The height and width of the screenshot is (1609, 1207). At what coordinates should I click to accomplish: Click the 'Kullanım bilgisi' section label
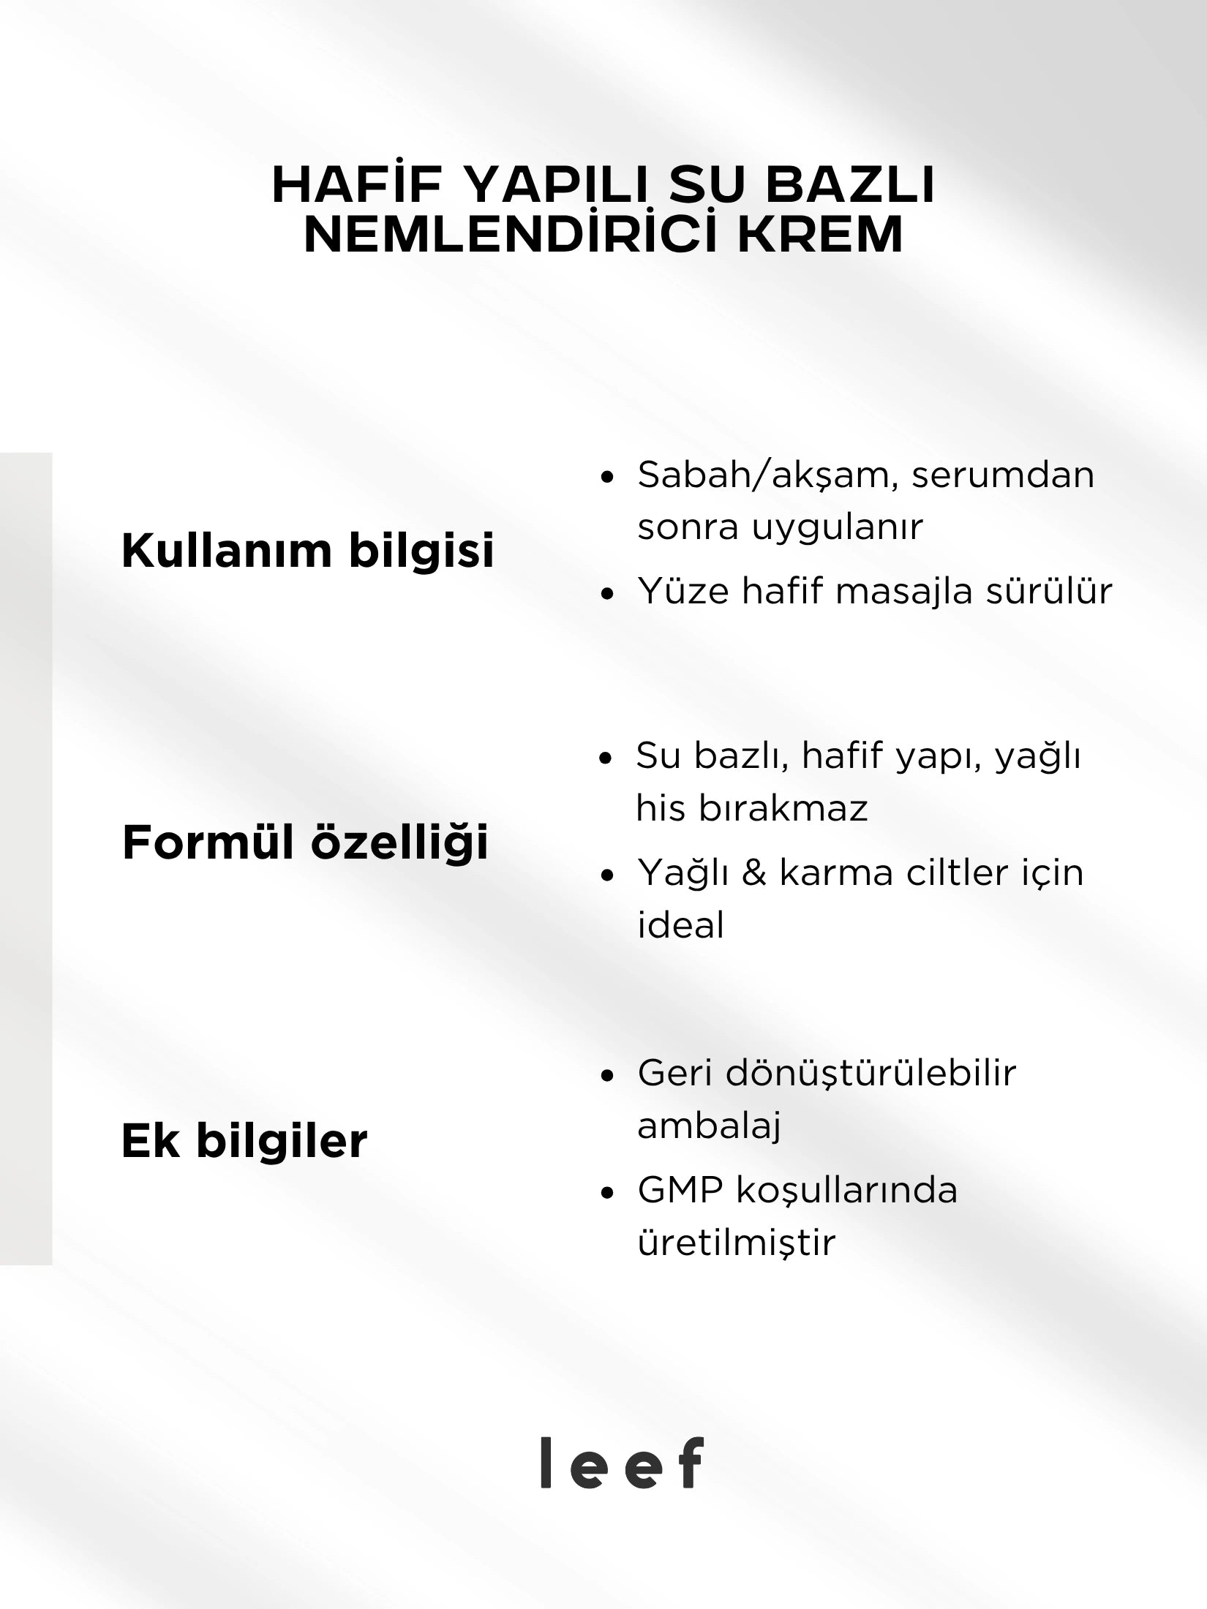click(308, 550)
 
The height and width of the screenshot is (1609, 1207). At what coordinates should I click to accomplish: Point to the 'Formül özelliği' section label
click(305, 842)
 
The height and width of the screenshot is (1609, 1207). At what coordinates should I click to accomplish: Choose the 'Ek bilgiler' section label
click(244, 1140)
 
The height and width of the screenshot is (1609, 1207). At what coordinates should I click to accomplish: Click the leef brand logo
click(622, 1462)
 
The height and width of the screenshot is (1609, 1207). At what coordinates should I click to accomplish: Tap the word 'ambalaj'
click(709, 1126)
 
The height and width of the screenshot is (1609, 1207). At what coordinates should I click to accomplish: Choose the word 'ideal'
click(680, 925)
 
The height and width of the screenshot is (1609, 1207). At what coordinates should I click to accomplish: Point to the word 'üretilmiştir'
click(736, 1243)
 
